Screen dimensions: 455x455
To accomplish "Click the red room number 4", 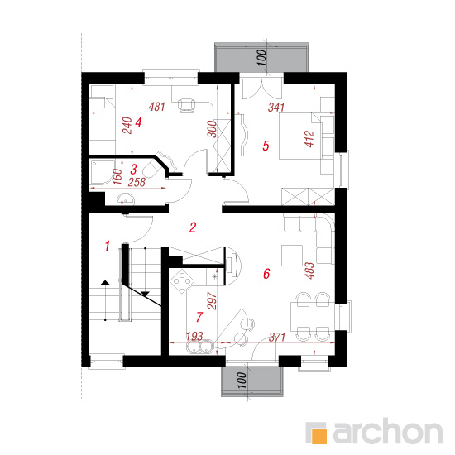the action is (138, 122).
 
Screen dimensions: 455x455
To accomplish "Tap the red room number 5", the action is (266, 146).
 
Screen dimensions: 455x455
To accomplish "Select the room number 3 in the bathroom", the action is (134, 169).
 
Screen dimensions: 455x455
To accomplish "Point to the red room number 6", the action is (266, 274).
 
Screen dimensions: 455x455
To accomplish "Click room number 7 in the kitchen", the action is (199, 317).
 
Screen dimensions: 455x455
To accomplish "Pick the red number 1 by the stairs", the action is (108, 246).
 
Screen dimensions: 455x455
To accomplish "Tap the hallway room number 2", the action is (193, 227).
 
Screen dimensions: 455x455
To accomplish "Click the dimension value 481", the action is (156, 107).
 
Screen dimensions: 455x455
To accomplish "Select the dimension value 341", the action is (276, 108).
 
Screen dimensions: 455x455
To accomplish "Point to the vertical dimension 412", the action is (309, 139).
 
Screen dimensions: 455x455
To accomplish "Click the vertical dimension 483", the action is (309, 271).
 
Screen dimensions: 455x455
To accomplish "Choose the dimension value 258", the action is (136, 182).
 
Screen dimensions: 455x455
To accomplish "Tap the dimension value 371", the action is (277, 337).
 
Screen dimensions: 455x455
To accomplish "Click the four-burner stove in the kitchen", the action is (182, 281).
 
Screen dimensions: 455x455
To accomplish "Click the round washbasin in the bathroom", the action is (126, 199).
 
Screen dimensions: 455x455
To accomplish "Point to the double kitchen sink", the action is (200, 347).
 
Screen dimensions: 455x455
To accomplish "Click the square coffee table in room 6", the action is (292, 256).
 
